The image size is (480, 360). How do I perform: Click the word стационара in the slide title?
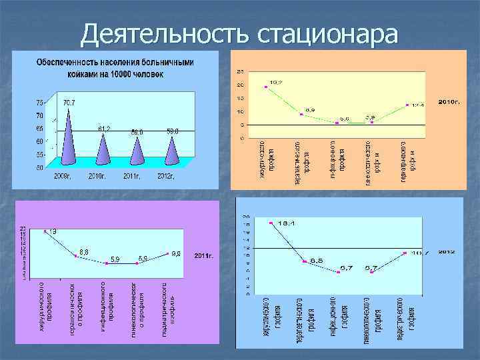click(x=326, y=33)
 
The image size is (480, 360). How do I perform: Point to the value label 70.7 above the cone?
click(x=69, y=103)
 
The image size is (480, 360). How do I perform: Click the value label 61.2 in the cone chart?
click(x=103, y=127)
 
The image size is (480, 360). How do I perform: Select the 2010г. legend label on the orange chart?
click(x=449, y=102)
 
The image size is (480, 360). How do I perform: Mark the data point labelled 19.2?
click(x=266, y=87)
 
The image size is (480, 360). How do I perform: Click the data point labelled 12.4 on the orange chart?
click(x=407, y=105)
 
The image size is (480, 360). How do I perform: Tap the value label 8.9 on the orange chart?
click(x=310, y=109)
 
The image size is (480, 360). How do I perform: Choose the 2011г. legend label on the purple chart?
click(x=203, y=255)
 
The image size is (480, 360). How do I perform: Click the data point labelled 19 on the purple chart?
click(x=45, y=231)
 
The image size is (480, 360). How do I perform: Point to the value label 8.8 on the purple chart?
click(x=85, y=251)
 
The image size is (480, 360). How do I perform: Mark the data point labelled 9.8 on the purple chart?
click(x=167, y=254)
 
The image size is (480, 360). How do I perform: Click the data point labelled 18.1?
click(x=271, y=223)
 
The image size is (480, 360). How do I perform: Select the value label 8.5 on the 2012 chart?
click(x=316, y=260)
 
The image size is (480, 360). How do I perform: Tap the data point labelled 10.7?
click(x=405, y=253)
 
